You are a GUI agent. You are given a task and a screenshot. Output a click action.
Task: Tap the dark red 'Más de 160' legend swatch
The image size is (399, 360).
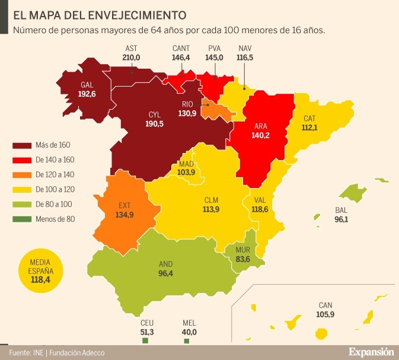(22, 145)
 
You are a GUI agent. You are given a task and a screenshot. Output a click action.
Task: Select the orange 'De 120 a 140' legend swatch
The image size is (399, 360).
(22, 174)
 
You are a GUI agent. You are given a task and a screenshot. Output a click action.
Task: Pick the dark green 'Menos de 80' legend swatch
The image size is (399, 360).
(22, 218)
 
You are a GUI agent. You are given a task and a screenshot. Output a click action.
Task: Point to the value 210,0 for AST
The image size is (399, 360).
(131, 58)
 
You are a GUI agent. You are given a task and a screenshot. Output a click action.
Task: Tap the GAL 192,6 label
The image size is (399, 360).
(87, 90)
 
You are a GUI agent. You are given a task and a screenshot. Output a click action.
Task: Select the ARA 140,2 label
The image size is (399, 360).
(261, 130)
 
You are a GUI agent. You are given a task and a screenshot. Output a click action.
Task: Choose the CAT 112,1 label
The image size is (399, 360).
(310, 123)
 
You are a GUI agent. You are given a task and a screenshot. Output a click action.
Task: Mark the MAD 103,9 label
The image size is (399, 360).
(186, 168)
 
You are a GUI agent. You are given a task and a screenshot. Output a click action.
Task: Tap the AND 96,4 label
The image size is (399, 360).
(166, 269)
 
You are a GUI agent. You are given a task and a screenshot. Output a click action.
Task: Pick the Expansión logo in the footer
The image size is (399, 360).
(371, 351)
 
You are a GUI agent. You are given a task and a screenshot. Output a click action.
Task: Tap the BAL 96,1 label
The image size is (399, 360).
(341, 215)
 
